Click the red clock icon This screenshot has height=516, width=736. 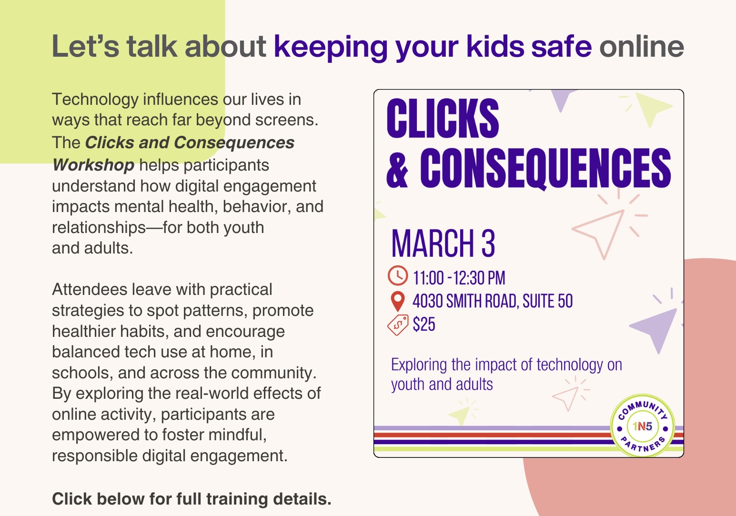398,275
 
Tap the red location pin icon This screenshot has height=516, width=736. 398,301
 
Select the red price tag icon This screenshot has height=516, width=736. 398,325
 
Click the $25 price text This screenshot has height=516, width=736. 424,324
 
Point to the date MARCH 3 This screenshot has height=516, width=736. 443,243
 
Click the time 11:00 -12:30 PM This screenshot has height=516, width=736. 459,278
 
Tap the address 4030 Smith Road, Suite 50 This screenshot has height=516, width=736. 493,301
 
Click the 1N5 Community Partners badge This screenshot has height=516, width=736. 642,426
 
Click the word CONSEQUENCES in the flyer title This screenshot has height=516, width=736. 545,168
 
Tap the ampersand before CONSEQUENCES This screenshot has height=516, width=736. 397,168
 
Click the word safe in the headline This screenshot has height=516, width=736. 562,46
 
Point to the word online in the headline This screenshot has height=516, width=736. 642,46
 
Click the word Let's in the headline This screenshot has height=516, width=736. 85,46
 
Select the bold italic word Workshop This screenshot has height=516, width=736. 93,165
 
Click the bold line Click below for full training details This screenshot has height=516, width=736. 192,498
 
